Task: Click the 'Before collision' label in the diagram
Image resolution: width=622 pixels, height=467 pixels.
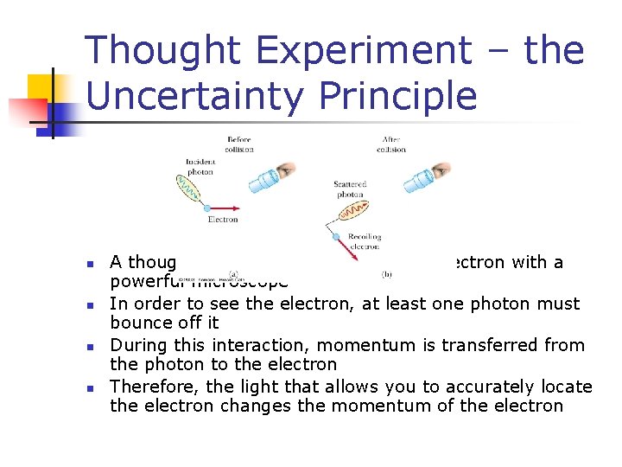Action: click(239, 144)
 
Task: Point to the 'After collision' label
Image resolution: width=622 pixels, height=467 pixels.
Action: click(391, 144)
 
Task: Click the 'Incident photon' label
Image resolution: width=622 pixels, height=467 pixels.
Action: click(200, 166)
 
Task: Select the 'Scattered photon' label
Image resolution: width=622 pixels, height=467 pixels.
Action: click(350, 189)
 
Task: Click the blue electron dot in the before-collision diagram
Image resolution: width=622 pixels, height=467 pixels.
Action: click(207, 208)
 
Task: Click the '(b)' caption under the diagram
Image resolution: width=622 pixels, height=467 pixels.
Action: click(388, 274)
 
